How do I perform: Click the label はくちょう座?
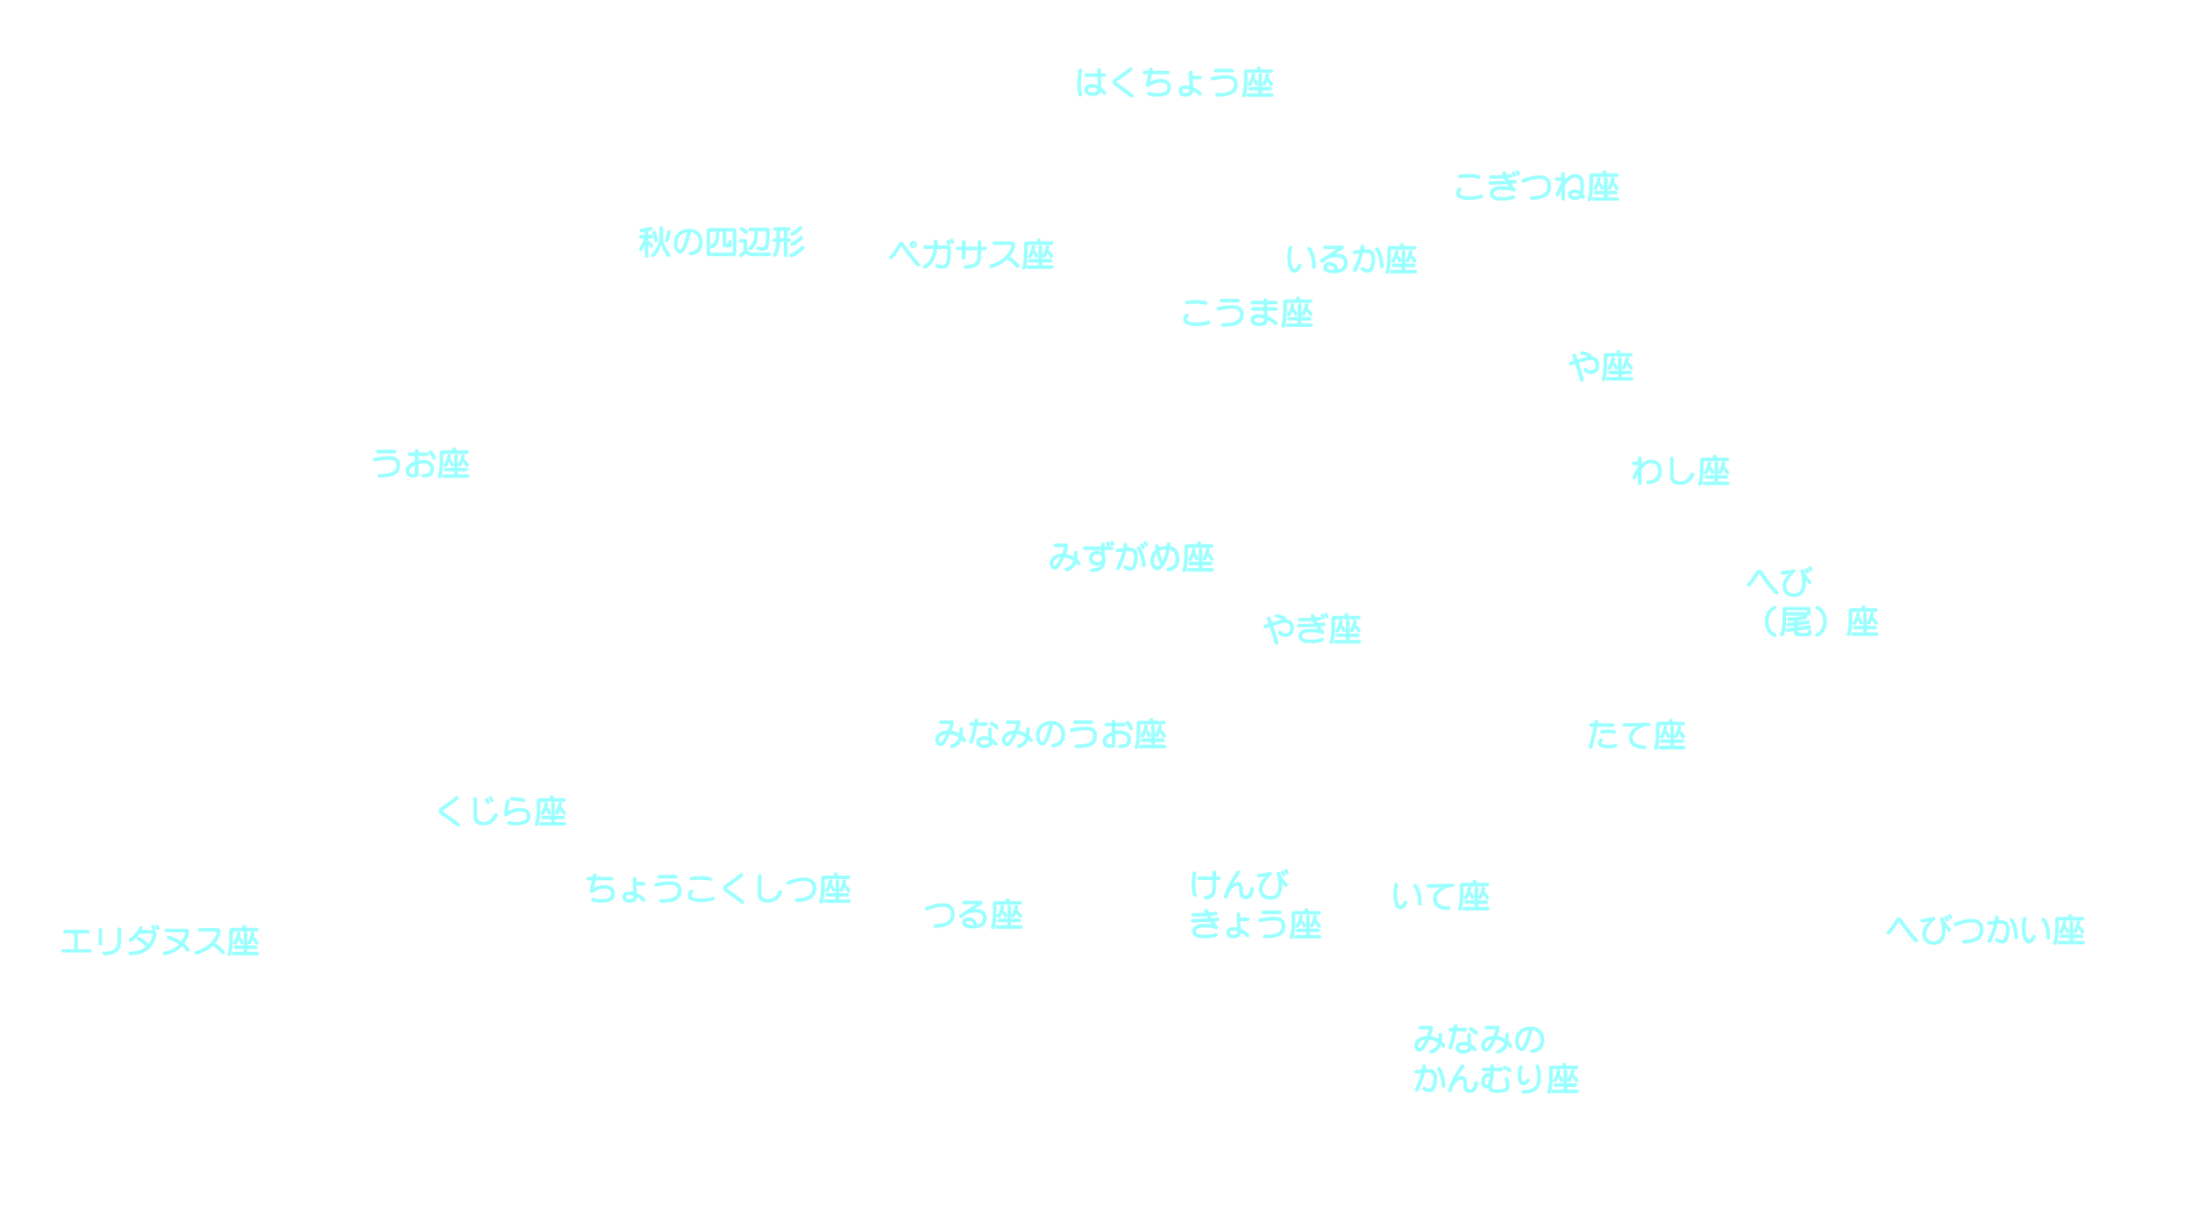click(1174, 83)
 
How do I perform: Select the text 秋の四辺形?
click(721, 243)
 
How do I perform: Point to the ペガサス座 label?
click(971, 255)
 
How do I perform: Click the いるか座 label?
click(1351, 259)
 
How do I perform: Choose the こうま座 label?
click(1247, 314)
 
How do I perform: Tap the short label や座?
click(1601, 366)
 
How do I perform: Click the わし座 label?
click(1680, 472)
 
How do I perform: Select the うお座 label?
click(421, 464)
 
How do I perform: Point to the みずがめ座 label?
click(1131, 558)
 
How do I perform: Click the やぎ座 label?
click(1313, 629)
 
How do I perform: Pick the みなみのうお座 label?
click(1050, 734)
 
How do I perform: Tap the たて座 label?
click(1636, 735)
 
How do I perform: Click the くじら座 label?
click(502, 812)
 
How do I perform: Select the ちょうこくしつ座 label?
click(718, 890)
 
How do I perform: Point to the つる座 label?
click(973, 915)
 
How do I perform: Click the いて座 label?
click(1441, 897)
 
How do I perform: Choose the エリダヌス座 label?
click(160, 942)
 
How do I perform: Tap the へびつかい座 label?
click(1985, 930)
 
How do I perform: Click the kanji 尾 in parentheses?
click(1796, 622)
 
